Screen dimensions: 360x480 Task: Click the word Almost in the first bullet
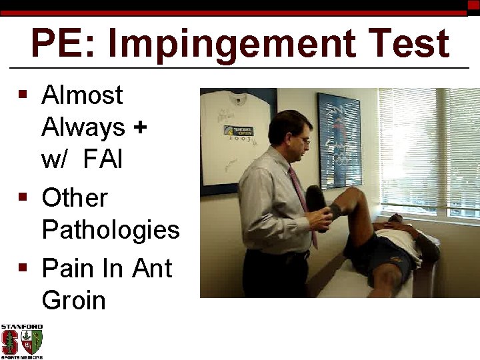click(x=82, y=95)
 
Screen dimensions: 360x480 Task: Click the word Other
click(x=74, y=197)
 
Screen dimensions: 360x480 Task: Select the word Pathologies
click(x=111, y=230)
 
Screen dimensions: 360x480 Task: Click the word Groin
click(x=73, y=300)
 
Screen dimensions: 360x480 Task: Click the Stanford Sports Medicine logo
click(x=21, y=341)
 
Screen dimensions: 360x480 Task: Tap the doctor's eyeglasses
click(x=304, y=140)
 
